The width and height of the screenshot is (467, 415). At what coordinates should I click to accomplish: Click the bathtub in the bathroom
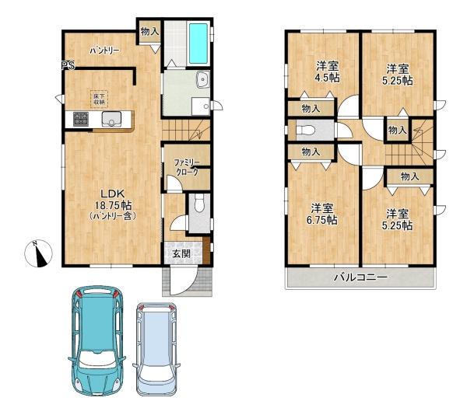[198, 43]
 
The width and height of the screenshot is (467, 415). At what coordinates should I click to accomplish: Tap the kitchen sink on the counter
[111, 119]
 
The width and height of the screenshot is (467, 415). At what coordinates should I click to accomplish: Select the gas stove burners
[81, 119]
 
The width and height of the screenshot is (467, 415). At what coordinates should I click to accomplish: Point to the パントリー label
[105, 51]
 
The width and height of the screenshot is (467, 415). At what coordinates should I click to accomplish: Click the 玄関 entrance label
[181, 253]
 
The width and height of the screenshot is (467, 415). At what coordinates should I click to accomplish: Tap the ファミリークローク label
[186, 167]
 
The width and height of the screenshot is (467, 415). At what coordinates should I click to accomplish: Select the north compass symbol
[38, 253]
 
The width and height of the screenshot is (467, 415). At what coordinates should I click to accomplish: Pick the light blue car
[156, 349]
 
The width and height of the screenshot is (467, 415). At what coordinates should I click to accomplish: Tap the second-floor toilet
[306, 130]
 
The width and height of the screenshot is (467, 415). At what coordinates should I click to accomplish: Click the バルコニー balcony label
[360, 277]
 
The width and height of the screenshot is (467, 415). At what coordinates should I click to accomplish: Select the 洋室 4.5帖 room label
[328, 71]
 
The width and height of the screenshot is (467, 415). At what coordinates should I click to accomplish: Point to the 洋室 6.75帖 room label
[322, 214]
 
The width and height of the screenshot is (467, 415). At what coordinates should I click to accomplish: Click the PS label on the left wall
[68, 65]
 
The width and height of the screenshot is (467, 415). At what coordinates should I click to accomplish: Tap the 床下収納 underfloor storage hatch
[99, 99]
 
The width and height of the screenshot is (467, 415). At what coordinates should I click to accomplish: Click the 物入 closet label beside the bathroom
[149, 31]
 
